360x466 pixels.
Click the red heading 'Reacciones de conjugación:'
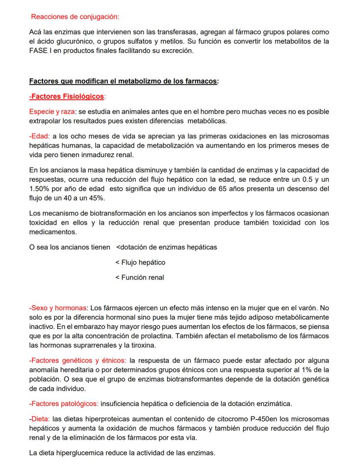click(x=75, y=17)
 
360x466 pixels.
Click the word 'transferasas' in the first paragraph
click(x=161, y=33)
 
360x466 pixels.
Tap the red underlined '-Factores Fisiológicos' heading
click(x=67, y=96)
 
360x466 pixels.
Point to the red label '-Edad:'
click(x=39, y=136)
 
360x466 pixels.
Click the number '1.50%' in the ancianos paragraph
click(x=40, y=189)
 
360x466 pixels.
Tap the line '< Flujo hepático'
click(x=140, y=262)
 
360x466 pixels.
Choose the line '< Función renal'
click(x=140, y=278)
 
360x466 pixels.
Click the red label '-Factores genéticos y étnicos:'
click(x=77, y=361)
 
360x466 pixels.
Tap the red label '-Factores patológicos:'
click(x=64, y=403)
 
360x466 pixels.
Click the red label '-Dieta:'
click(x=40, y=419)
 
